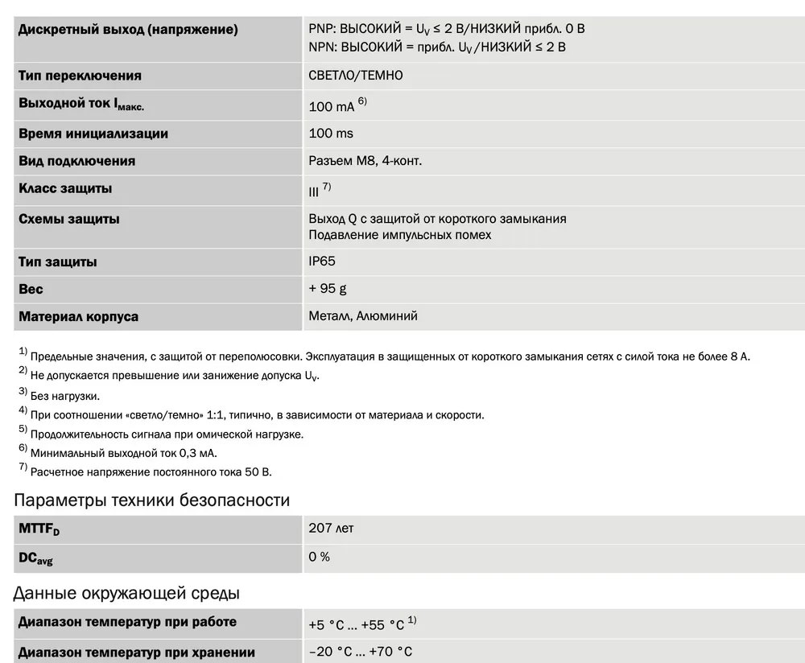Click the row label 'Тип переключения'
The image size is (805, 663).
80,76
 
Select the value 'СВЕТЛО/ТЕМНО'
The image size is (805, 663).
356,76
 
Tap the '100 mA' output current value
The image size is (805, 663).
331,106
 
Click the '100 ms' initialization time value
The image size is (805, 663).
331,134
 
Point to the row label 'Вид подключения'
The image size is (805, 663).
76,161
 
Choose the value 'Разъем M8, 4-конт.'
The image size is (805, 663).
365,161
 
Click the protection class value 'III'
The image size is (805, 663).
314,191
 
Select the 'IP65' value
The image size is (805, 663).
322,261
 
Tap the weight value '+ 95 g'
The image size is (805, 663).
328,289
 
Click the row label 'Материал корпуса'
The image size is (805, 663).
78,316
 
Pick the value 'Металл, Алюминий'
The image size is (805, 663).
363,316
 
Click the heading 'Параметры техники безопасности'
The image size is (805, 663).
151,500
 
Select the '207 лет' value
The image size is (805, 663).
331,529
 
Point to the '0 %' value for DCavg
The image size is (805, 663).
320,557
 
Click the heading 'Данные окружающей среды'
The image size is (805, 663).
126,594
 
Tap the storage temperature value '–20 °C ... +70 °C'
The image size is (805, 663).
360,652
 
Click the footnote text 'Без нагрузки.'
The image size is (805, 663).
65,396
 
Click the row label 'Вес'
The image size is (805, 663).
31,289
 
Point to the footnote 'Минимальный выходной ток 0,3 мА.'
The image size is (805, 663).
123,453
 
